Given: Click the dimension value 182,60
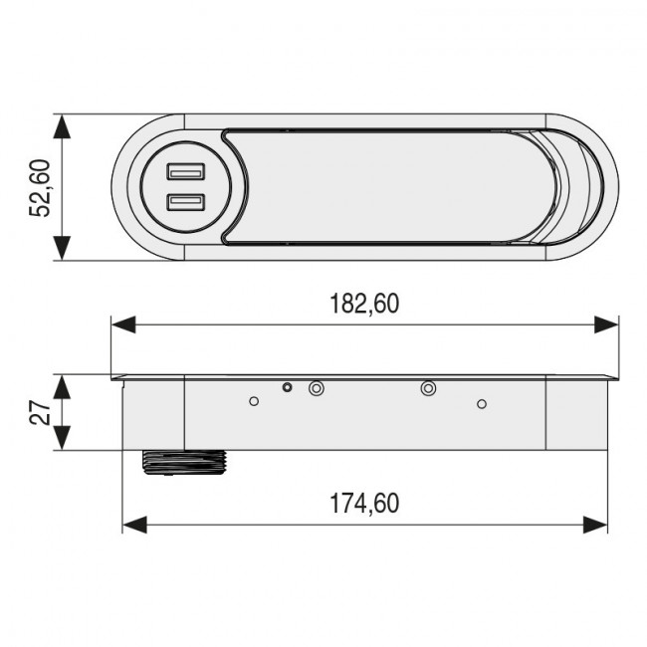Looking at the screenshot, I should (364, 304).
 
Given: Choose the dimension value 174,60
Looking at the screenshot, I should (364, 504).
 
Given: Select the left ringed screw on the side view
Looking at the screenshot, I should (317, 388).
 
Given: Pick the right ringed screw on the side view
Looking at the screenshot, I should (428, 388).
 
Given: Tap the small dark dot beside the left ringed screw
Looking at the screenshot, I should (288, 387).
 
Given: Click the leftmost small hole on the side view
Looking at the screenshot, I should (254, 401).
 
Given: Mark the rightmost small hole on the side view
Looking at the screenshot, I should (482, 403).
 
